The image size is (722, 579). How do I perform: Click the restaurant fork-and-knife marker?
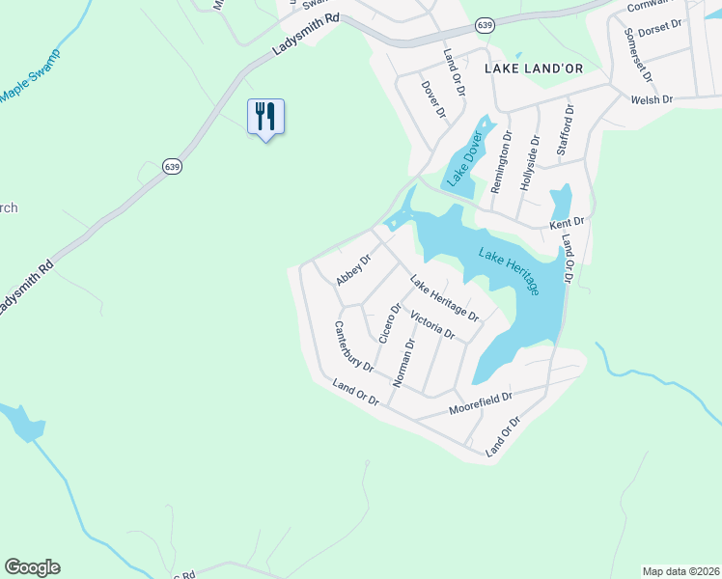point(265,117)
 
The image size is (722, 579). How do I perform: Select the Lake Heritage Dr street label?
point(444,298)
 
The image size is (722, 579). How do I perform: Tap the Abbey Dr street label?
point(353,270)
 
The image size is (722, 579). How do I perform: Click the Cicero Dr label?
point(389,324)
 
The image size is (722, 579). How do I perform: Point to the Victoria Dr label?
point(431,325)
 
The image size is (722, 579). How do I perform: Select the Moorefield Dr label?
point(480,403)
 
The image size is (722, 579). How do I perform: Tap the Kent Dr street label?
point(567,224)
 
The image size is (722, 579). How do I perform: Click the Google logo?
point(32,567)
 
